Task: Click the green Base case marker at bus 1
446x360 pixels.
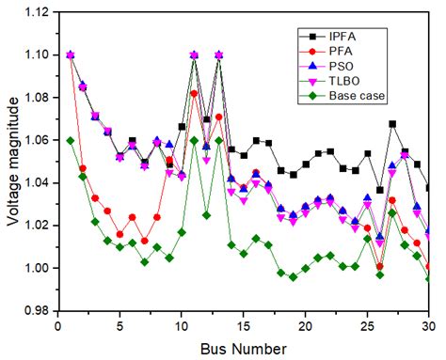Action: (x=71, y=140)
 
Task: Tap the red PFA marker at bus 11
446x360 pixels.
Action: (x=194, y=93)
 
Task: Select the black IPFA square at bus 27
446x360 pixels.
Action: (x=392, y=124)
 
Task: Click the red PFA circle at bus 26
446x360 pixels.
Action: (x=380, y=266)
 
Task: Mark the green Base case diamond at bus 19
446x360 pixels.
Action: (x=294, y=277)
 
